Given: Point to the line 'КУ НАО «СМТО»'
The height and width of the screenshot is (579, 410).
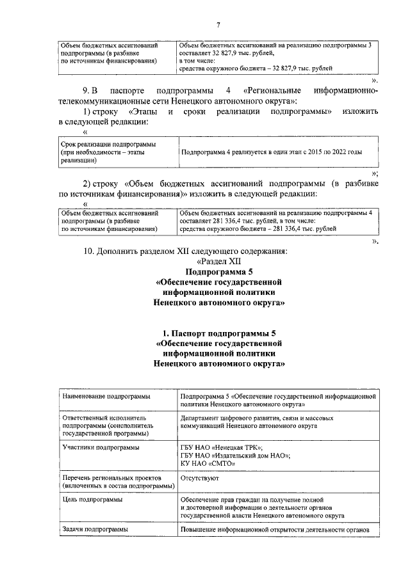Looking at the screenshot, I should tap(204, 464).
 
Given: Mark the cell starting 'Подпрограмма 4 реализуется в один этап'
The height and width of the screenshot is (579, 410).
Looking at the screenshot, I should tap(272, 153).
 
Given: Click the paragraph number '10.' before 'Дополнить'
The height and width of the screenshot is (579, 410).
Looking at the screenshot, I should tap(90, 251).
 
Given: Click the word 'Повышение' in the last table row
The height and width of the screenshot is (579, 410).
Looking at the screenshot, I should tap(201, 529).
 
